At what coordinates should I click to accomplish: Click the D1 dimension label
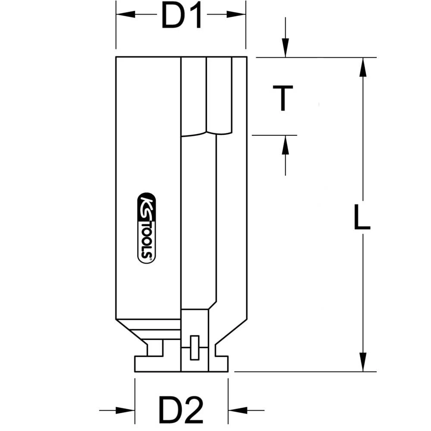(181, 16)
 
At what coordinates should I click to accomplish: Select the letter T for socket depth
(283, 98)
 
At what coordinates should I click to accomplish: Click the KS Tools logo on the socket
(147, 227)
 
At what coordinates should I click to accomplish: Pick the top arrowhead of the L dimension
(363, 66)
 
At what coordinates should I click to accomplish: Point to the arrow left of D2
(125, 410)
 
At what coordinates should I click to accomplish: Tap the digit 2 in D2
(194, 410)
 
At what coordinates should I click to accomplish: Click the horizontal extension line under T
(274, 135)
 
